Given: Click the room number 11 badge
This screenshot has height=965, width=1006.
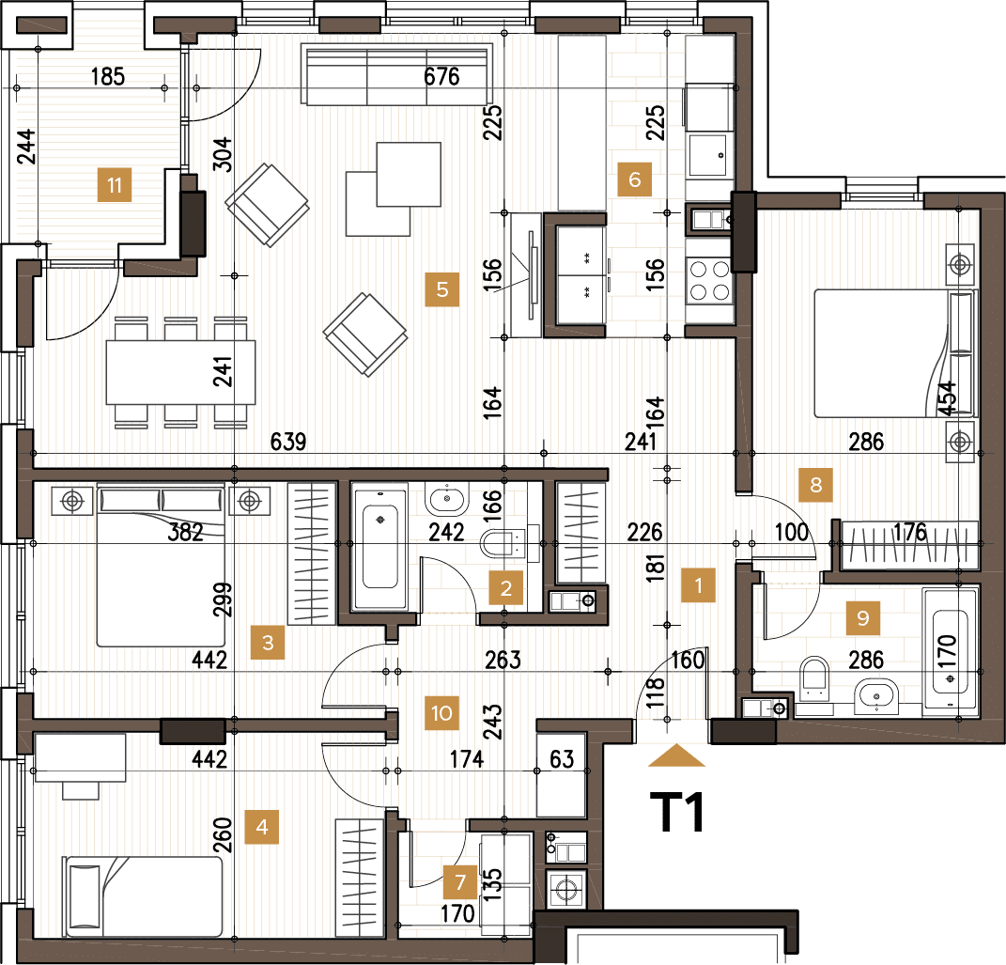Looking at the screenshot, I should point(115,185).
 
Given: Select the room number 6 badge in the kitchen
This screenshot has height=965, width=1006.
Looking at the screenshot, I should point(634,179).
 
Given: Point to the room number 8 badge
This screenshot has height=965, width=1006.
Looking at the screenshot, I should point(815,485).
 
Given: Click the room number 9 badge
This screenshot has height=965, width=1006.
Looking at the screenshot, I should point(862,617).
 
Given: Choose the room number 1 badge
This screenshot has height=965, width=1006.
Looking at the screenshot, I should point(698,585).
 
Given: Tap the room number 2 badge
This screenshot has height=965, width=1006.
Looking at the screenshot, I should point(505,589).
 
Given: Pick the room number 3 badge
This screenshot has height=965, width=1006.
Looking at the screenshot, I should point(268,644).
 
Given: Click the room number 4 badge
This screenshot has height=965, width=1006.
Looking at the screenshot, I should point(262,828).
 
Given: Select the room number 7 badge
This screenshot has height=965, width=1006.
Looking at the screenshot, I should point(459,882).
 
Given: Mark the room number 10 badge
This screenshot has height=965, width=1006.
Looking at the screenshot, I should point(441,712).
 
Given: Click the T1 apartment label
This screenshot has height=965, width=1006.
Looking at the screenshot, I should point(677,814).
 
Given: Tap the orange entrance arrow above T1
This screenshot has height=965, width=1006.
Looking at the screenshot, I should point(676,755).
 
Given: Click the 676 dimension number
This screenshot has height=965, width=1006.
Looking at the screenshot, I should point(441,76).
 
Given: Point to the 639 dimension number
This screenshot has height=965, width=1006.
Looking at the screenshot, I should point(287,442).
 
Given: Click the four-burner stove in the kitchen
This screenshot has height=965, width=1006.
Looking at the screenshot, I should point(709,279).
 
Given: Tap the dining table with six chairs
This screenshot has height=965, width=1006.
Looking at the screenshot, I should point(180,371).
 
